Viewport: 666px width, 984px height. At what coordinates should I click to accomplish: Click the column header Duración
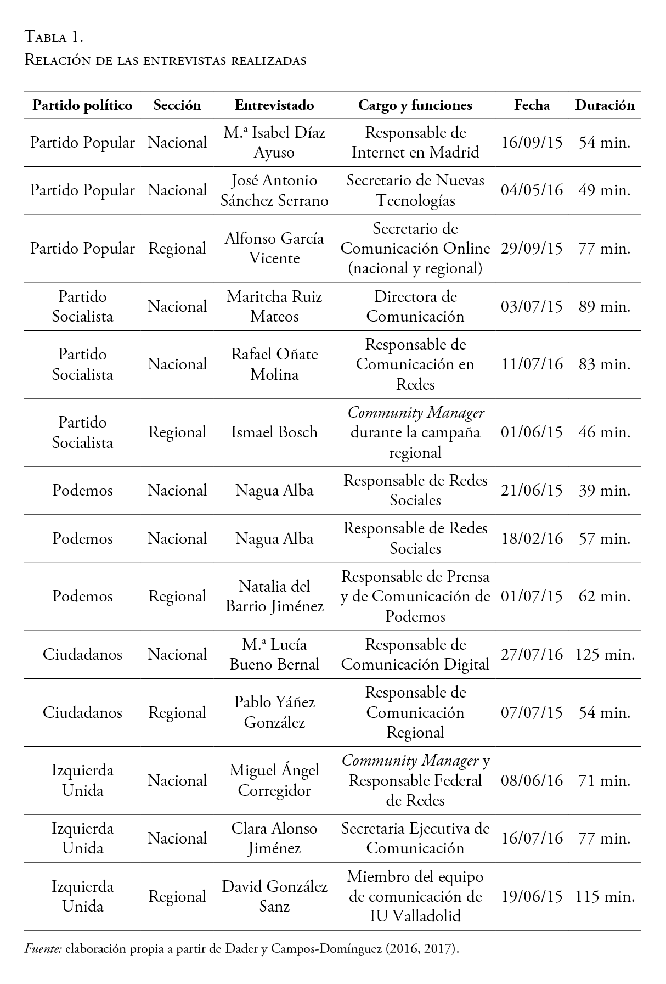[604, 105]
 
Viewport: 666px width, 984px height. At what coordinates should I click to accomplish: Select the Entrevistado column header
[274, 105]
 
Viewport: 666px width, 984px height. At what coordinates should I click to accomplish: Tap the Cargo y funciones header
[415, 105]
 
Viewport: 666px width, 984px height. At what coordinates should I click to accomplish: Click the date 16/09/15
[532, 143]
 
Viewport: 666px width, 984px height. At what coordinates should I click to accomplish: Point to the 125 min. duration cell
[605, 654]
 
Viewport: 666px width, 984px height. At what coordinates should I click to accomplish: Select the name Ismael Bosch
[274, 432]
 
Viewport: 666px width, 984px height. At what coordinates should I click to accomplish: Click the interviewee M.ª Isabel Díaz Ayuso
[274, 143]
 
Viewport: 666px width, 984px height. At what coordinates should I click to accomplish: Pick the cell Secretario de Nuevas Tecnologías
[415, 190]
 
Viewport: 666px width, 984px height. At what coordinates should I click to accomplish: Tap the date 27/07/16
[532, 654]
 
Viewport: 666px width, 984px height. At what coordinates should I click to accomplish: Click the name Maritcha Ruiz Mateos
[274, 306]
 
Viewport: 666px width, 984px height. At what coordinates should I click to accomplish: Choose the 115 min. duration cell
[605, 897]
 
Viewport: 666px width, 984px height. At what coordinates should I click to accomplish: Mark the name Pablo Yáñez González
[274, 712]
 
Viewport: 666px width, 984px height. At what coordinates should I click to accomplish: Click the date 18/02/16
[532, 538]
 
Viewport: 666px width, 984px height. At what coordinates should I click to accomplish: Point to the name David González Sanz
[274, 897]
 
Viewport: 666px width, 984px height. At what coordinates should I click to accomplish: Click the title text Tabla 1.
[54, 37]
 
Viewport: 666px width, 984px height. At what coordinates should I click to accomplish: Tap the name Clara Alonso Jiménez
[274, 838]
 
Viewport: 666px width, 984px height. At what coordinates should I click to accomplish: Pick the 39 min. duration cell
[605, 491]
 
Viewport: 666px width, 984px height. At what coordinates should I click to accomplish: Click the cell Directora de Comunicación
[415, 306]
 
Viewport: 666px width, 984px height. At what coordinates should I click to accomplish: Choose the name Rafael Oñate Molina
[274, 364]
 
